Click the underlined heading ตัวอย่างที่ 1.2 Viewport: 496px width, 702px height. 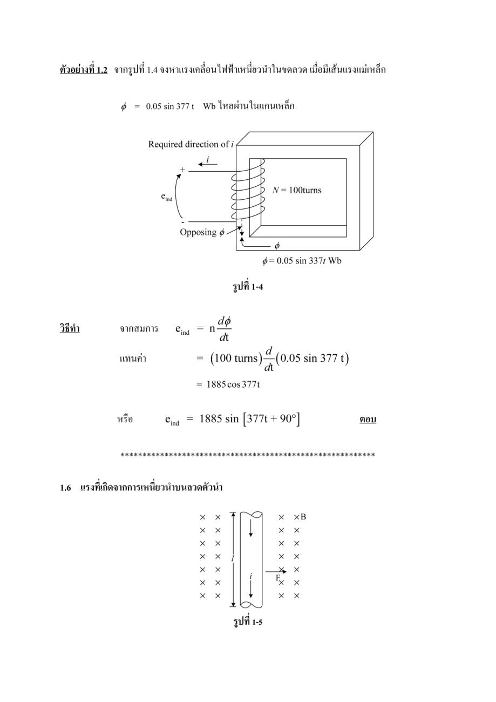pyautogui.click(x=84, y=69)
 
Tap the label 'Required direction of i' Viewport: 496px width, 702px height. pyautogui.click(x=191, y=144)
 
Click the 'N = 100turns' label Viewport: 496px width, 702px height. pyautogui.click(x=296, y=190)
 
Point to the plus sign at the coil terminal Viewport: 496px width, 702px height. pyautogui.click(x=182, y=170)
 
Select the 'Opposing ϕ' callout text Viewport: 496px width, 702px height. pyautogui.click(x=202, y=232)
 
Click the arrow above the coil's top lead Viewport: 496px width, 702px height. pyautogui.click(x=208, y=165)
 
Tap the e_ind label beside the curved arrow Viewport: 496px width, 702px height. pyautogui.click(x=167, y=197)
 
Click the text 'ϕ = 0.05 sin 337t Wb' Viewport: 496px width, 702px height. pyautogui.click(x=302, y=260)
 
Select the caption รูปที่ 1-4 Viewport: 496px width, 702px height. pyautogui.click(x=248, y=287)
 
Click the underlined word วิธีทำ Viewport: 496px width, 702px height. pyautogui.click(x=70, y=328)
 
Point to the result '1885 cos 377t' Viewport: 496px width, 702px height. pyautogui.click(x=233, y=384)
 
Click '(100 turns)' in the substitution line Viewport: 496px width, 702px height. pyautogui.click(x=236, y=358)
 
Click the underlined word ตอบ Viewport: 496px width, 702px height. pyautogui.click(x=368, y=419)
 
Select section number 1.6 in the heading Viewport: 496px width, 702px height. pyautogui.click(x=65, y=488)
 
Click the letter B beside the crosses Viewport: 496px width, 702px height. pyautogui.click(x=303, y=517)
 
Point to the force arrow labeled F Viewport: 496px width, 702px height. pyautogui.click(x=276, y=572)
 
